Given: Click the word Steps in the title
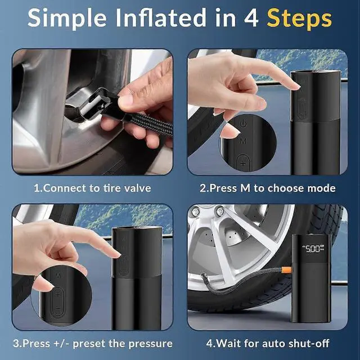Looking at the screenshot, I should pos(299,18).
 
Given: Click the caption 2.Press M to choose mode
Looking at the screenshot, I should pos(268,188).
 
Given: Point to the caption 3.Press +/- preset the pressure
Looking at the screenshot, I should pos(93,343).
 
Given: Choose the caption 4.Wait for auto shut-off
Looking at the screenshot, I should pos(268,343).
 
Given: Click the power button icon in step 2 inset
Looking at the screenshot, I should pos(243,123).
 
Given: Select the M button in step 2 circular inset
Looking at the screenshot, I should pos(243,141).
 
